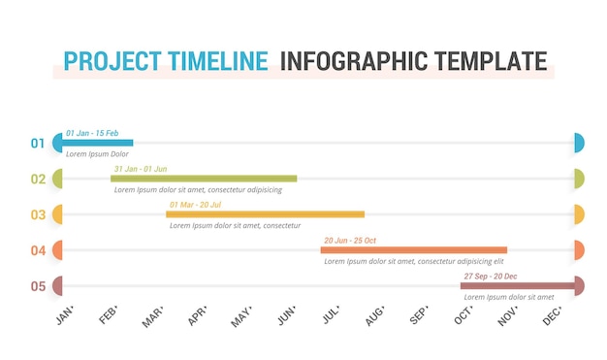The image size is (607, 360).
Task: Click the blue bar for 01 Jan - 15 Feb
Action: click(x=98, y=143)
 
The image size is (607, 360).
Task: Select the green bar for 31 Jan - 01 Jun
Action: click(x=204, y=179)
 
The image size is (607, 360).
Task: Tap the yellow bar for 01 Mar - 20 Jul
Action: click(x=265, y=214)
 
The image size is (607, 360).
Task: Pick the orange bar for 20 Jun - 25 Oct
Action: click(x=414, y=250)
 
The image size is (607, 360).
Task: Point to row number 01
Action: click(x=38, y=144)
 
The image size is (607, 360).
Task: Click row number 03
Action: click(x=38, y=214)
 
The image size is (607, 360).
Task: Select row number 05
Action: click(x=38, y=286)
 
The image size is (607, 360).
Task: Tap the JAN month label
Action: click(x=64, y=316)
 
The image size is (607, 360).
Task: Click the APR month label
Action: click(x=198, y=316)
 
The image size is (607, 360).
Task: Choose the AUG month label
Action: click(x=374, y=316)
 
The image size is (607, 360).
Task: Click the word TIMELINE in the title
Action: click(x=218, y=61)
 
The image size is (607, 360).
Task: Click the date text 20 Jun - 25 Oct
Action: click(x=349, y=240)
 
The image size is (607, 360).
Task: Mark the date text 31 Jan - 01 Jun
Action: click(x=140, y=169)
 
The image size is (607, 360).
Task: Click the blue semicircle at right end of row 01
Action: click(x=579, y=143)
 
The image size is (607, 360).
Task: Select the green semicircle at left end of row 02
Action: click(x=58, y=179)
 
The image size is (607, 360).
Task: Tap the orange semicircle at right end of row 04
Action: click(x=579, y=250)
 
